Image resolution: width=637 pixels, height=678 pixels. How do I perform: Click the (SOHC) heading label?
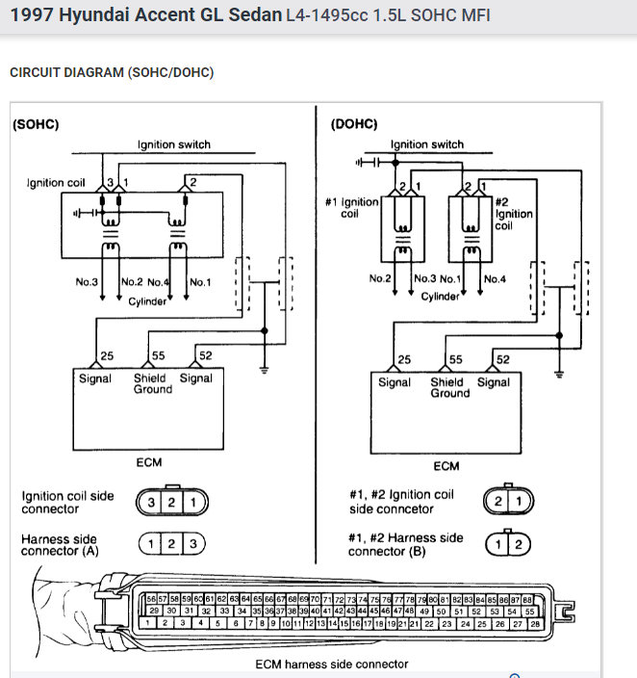[36, 125]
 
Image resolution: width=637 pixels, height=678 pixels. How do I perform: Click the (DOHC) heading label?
[353, 125]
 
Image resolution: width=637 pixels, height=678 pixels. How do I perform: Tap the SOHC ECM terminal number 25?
[107, 356]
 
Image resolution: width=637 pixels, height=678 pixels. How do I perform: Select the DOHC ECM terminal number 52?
[502, 360]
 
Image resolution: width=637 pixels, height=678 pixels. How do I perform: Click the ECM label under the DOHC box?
[446, 466]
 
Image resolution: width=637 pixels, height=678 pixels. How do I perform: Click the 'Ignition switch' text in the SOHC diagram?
[173, 144]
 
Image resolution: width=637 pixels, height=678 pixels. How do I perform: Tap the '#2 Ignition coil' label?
[513, 214]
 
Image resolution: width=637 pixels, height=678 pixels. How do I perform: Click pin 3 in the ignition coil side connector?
[151, 502]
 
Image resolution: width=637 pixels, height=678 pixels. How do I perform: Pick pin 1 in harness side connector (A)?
[152, 544]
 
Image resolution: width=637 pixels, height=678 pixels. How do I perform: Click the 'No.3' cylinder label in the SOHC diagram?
[87, 282]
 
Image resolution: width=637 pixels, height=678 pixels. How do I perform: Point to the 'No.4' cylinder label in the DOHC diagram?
[495, 278]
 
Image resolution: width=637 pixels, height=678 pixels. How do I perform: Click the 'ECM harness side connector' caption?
[332, 664]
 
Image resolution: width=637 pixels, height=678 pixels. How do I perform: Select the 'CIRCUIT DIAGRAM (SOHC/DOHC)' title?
[111, 72]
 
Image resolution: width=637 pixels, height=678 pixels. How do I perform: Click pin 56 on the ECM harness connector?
[151, 599]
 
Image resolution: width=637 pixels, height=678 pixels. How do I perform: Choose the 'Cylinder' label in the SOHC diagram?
[147, 300]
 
